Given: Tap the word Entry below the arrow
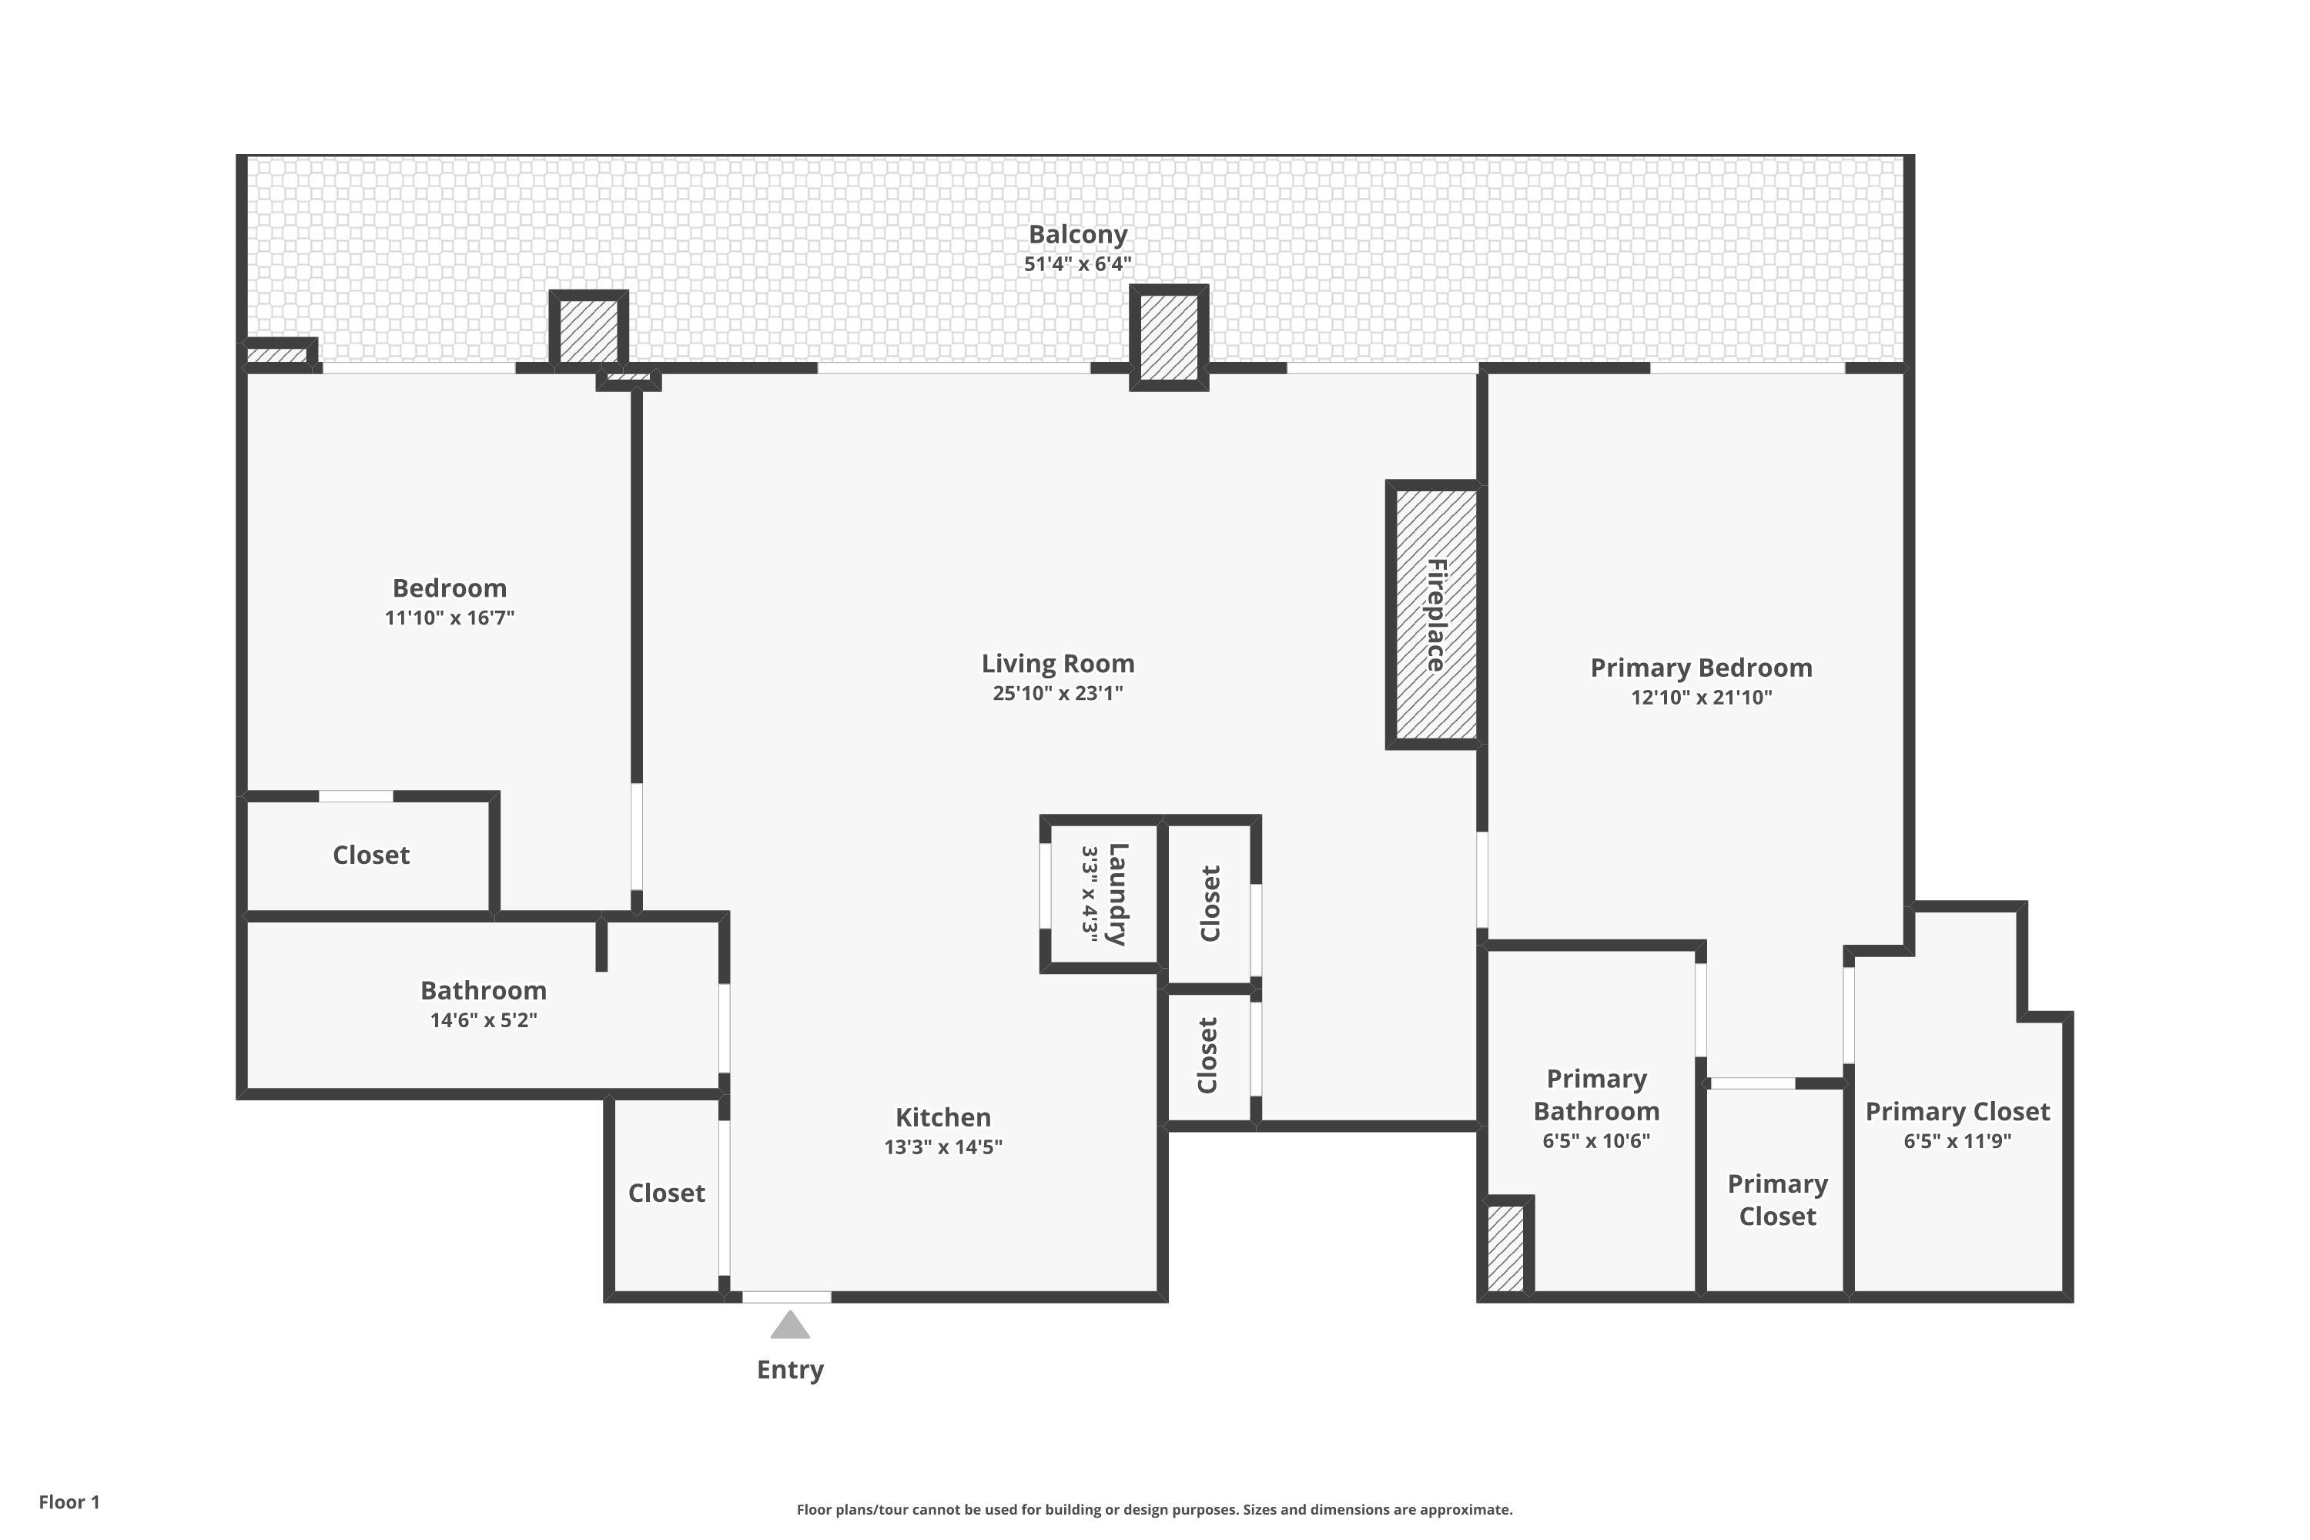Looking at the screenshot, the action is (790, 1370).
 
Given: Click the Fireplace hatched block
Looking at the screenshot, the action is (1435, 614).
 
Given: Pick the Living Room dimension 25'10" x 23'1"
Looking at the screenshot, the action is (1058, 692).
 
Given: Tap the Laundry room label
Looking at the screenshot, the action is (1116, 894).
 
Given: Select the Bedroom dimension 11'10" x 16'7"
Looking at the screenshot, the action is (450, 617).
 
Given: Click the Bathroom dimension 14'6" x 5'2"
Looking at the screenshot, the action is (484, 1019).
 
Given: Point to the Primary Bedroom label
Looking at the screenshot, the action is (1701, 668).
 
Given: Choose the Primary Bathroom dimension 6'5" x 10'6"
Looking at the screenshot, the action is (1596, 1140).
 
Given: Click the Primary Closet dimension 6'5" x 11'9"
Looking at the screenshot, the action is (1957, 1140).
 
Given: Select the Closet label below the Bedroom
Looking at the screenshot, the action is (371, 855).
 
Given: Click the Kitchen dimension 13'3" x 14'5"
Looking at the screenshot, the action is (942, 1147).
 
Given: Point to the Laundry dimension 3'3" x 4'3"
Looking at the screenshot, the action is (1090, 894).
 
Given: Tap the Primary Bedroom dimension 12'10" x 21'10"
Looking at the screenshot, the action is (1701, 698).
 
